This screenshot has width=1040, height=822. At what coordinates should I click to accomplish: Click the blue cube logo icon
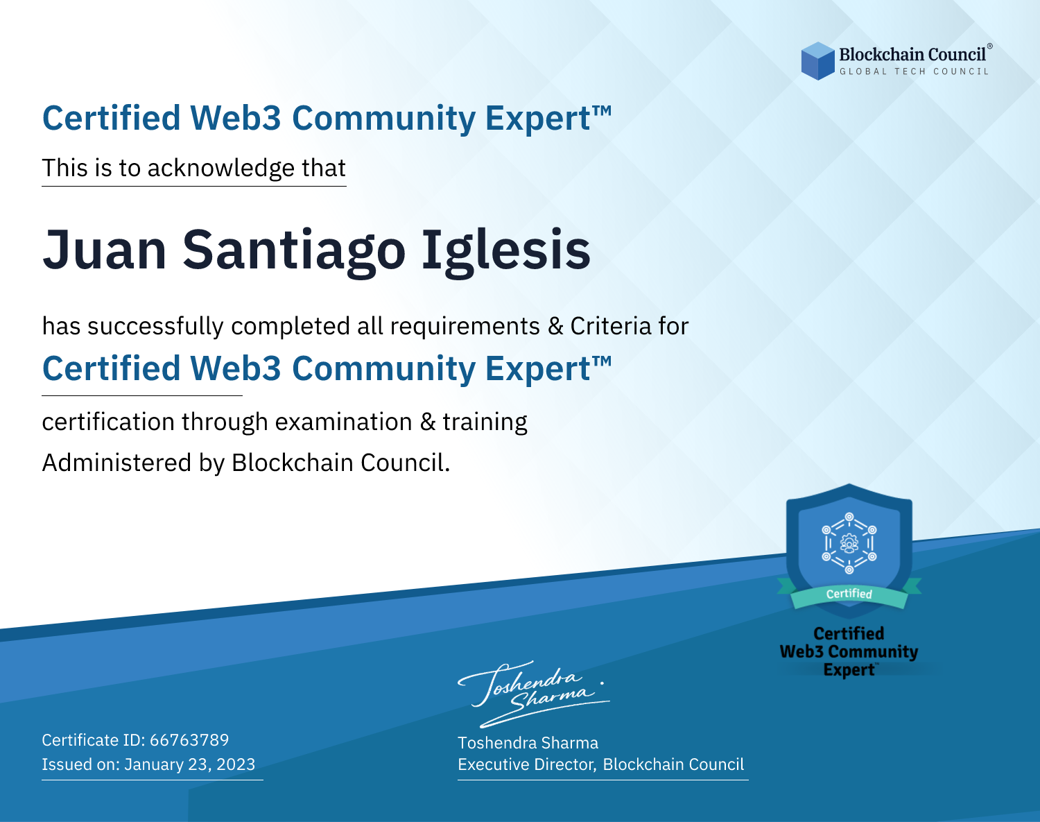tap(817, 61)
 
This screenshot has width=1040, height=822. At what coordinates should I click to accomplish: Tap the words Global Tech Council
tap(915, 71)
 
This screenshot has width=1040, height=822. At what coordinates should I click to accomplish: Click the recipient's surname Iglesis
tap(506, 251)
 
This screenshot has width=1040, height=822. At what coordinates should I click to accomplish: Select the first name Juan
tap(105, 250)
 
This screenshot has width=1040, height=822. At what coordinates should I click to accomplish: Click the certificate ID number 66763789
tap(189, 739)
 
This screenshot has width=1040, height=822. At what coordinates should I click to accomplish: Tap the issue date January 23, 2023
tap(189, 764)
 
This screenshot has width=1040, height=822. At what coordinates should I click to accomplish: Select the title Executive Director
tap(526, 764)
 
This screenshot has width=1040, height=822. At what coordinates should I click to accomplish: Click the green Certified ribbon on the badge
tap(849, 594)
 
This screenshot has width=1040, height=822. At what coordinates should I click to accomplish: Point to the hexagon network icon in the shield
tap(849, 543)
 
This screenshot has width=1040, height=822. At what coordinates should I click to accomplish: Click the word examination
tap(344, 422)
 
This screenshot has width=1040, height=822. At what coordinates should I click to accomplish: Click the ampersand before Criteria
tap(555, 327)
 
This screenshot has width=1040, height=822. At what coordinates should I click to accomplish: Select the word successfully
tap(155, 327)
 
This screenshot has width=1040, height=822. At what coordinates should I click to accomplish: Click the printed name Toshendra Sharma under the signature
tap(528, 743)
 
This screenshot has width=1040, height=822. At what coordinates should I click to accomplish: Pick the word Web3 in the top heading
tap(235, 118)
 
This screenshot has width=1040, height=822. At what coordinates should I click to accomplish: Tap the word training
tap(485, 422)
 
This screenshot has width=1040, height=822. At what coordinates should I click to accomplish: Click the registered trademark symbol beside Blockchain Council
tap(989, 46)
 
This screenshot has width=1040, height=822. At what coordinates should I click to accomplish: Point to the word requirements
tap(465, 327)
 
